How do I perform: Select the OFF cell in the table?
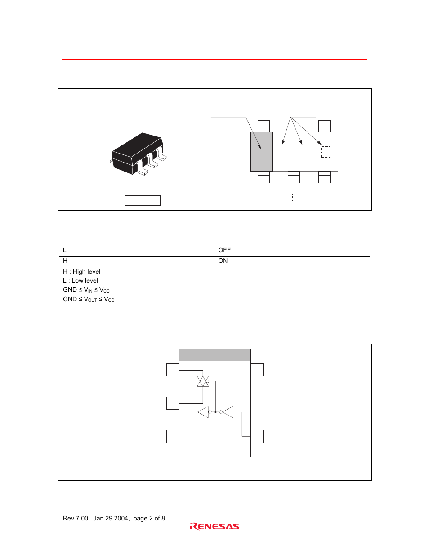[x=224, y=250]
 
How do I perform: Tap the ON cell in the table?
[x=223, y=261]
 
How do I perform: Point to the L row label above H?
[x=65, y=250]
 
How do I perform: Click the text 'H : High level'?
[x=81, y=271]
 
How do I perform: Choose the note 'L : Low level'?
[x=80, y=280]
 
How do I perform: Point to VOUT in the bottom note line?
[x=90, y=299]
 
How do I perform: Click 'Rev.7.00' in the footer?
[x=76, y=518]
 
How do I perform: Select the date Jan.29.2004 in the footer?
[x=111, y=518]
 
